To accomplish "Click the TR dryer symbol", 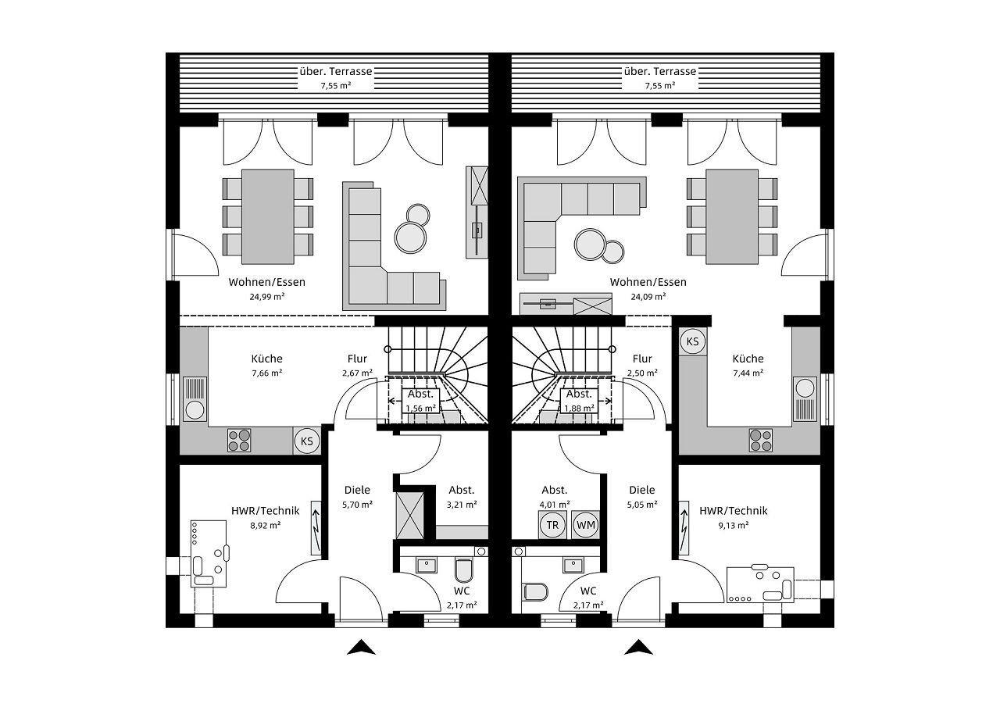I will point(552,525).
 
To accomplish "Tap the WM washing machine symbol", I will point(586,525).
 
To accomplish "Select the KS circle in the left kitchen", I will point(307,441).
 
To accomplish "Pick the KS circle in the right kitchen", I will point(692,341).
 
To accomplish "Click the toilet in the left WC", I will point(463,572).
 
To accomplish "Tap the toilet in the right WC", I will point(534,591).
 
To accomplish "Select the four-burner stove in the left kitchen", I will point(241,441).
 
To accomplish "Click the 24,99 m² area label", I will point(267,297).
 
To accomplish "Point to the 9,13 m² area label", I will point(733,525).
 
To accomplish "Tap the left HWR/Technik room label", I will point(265,511).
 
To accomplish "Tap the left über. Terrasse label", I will point(335,71).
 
